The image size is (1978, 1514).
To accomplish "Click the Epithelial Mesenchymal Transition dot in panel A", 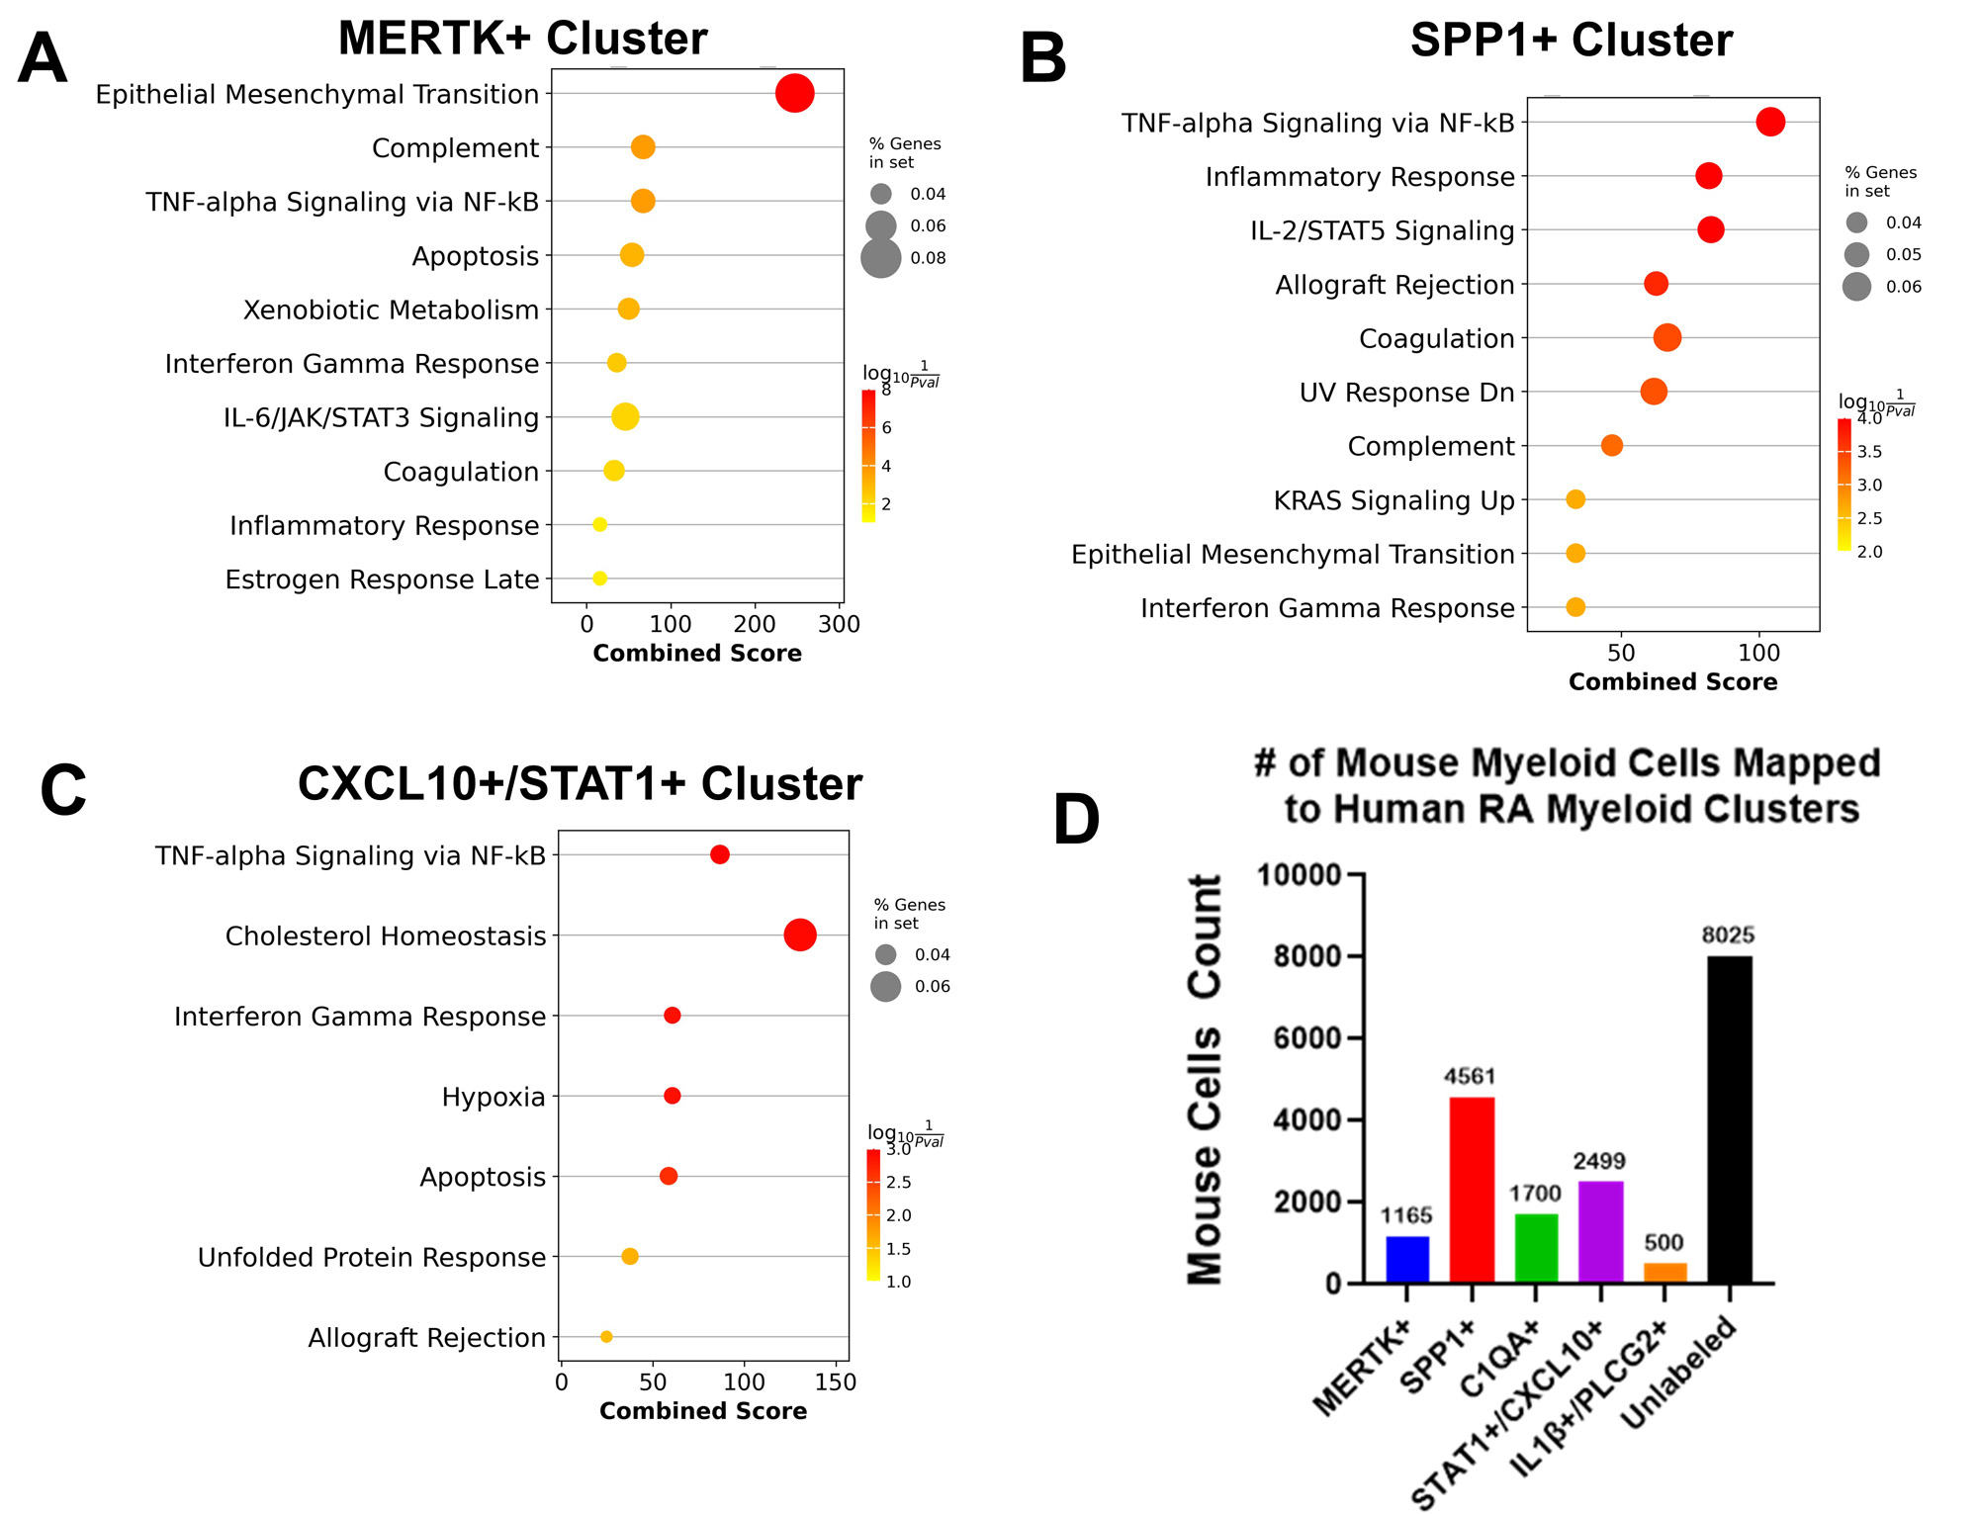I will (x=794, y=94).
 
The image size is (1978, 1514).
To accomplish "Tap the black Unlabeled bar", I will (x=1729, y=1118).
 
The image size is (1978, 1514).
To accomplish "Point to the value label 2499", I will (x=1599, y=1161).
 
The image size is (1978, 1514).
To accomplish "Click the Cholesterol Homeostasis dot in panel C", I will (x=799, y=935).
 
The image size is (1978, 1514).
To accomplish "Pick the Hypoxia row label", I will (x=493, y=1097).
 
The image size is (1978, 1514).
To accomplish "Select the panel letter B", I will (x=1042, y=59).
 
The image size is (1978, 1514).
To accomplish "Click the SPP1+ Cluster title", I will (x=1571, y=41).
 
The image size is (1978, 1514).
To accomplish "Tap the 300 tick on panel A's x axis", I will (x=840, y=625).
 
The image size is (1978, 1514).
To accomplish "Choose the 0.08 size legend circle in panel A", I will (x=880, y=258).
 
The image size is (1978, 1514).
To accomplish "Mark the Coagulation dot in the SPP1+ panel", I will (x=1667, y=338).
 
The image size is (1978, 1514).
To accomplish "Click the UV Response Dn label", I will (x=1406, y=393).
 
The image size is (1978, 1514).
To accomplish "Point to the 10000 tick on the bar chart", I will (x=1298, y=875).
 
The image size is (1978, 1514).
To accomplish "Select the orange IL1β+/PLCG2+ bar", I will (x=1664, y=1273).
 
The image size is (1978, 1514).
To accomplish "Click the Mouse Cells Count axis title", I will (x=1205, y=1079).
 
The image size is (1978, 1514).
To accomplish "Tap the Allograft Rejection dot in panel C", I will (x=606, y=1337).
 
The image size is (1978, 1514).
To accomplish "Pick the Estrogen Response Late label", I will (x=382, y=579).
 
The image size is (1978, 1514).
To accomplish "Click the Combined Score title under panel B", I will (x=1672, y=681).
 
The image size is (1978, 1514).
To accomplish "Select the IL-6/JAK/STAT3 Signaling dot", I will (x=624, y=417).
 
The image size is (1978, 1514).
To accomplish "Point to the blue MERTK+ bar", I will (x=1406, y=1259).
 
